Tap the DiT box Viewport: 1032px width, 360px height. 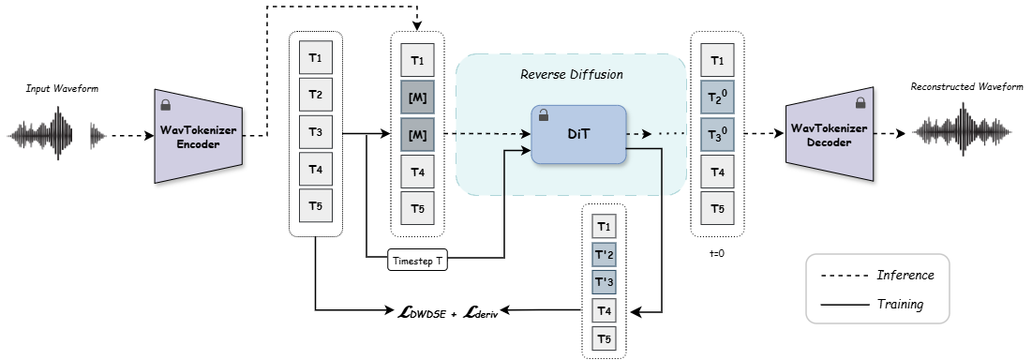click(x=577, y=135)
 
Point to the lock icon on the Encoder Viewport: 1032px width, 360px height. click(x=167, y=105)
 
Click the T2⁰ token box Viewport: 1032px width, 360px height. click(x=717, y=97)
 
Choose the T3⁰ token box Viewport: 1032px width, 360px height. click(x=717, y=134)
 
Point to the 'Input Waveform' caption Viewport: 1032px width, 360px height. click(x=62, y=88)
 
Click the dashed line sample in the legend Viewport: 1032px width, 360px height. click(x=843, y=276)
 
